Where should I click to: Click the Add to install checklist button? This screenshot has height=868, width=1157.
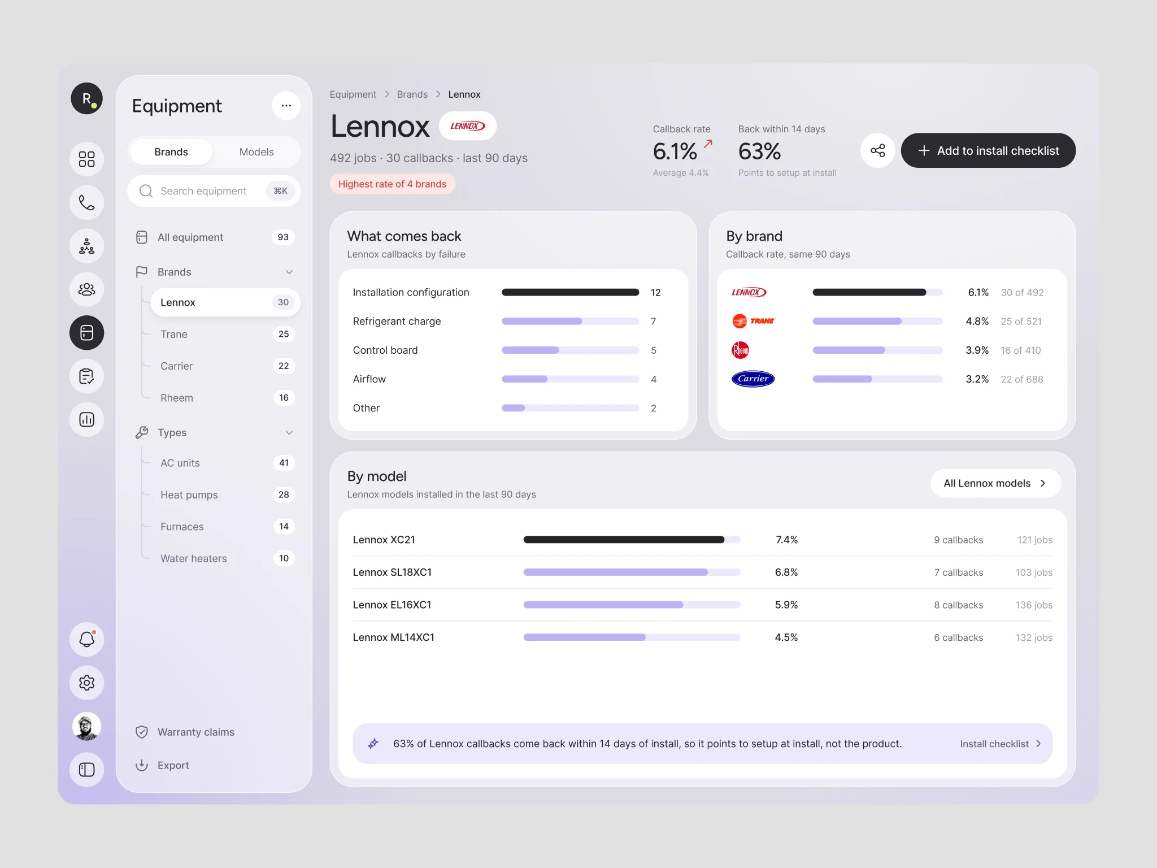click(x=988, y=150)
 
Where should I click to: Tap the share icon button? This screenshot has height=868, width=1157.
click(x=878, y=150)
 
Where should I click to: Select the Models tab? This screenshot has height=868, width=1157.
click(x=256, y=152)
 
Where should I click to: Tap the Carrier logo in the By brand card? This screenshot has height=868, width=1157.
click(x=753, y=379)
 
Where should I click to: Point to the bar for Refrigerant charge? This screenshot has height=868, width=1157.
click(x=570, y=321)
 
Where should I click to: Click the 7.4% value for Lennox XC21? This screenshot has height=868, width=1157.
click(x=786, y=540)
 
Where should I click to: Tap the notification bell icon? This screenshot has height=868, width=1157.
click(x=87, y=639)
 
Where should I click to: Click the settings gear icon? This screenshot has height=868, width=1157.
click(x=87, y=683)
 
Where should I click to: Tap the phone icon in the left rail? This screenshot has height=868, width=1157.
click(x=87, y=202)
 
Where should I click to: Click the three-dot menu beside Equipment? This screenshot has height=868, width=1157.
click(x=286, y=106)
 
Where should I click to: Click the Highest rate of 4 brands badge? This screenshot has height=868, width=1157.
click(x=393, y=184)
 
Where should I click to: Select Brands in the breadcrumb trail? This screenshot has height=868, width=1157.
click(x=412, y=94)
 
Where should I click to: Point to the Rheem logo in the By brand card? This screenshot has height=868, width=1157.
click(x=741, y=350)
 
